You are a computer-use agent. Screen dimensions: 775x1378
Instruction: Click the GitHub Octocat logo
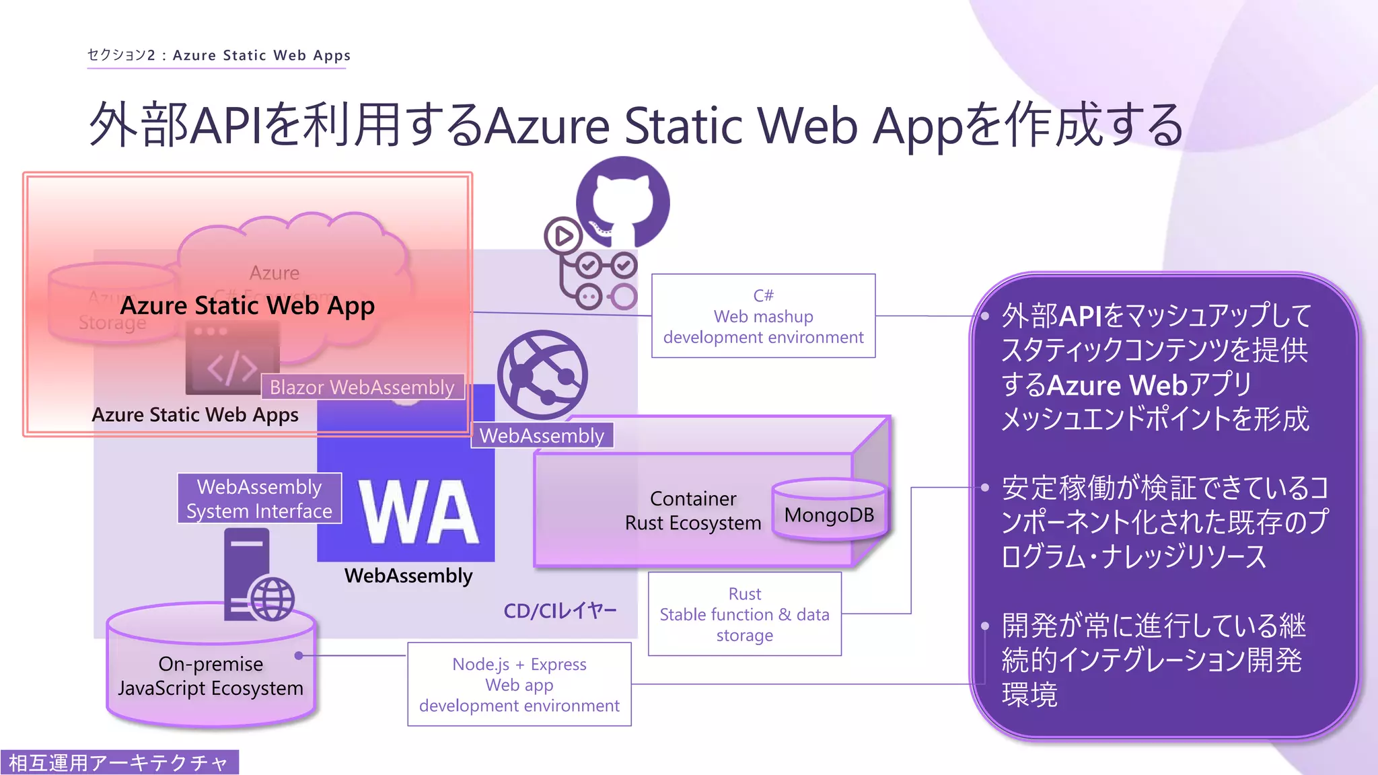click(623, 202)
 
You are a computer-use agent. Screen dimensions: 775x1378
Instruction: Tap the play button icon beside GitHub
click(563, 236)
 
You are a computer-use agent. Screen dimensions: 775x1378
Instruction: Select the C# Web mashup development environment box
click(763, 316)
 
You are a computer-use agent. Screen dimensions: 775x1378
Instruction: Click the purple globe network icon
click(542, 375)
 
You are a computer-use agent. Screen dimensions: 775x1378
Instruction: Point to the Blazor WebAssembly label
click(362, 387)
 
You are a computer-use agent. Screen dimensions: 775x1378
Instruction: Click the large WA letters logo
click(419, 511)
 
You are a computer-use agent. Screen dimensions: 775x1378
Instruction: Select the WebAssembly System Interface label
click(260, 499)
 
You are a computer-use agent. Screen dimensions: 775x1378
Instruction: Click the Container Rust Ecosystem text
click(693, 511)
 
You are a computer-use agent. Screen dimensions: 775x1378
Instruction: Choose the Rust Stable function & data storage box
click(744, 614)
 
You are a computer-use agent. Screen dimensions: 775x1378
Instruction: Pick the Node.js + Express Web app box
click(519, 684)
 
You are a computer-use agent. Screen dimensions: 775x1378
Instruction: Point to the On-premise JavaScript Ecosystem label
click(211, 675)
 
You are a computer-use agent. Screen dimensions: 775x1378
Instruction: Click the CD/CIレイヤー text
click(560, 610)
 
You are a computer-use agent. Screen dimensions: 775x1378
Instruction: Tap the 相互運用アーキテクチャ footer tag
click(119, 762)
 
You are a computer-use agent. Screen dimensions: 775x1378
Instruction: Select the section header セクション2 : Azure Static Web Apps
click(219, 55)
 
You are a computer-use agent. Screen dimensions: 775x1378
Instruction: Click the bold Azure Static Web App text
click(248, 305)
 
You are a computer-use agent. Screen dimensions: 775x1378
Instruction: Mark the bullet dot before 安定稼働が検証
click(985, 487)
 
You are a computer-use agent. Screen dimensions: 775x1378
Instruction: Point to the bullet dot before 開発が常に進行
click(985, 626)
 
